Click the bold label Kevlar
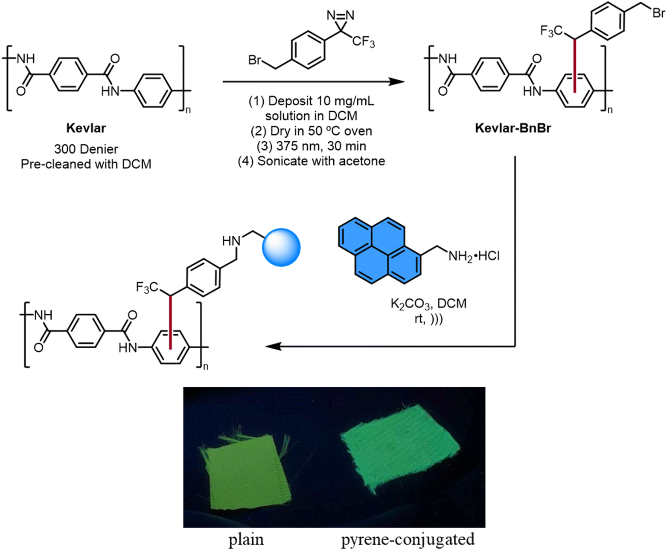[86, 128]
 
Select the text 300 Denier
[86, 149]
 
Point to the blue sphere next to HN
[281, 248]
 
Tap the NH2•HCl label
[473, 256]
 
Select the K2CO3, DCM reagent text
[428, 304]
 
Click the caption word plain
[246, 540]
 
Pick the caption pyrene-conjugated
[408, 539]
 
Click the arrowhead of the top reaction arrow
[397, 81]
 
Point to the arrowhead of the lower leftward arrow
[273, 346]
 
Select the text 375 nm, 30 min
[312, 146]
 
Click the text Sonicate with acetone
[312, 161]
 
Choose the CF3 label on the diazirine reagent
[363, 42]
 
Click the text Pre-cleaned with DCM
[86, 164]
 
